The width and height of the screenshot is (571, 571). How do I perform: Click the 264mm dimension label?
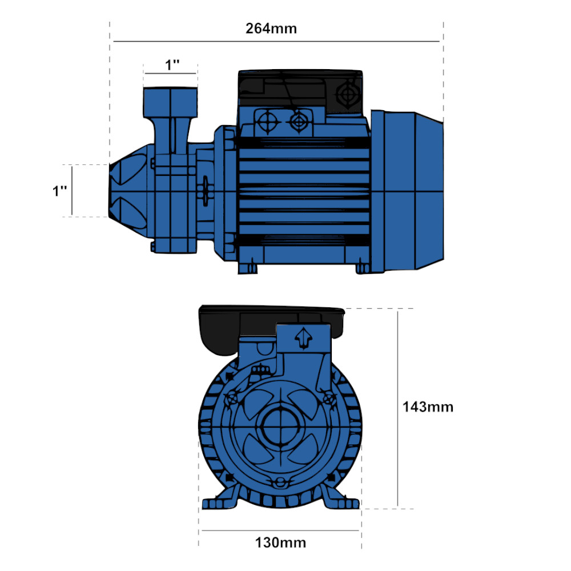(x=271, y=29)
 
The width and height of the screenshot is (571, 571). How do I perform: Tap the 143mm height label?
(x=428, y=407)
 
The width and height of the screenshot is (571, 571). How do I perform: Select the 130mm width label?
(x=280, y=542)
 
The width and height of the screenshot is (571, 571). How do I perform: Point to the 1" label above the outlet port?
(x=172, y=65)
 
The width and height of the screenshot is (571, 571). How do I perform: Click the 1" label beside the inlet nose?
(x=60, y=191)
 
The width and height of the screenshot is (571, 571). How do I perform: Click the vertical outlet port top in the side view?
(x=170, y=102)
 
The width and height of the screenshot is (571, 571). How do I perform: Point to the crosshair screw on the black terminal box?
(x=348, y=94)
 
